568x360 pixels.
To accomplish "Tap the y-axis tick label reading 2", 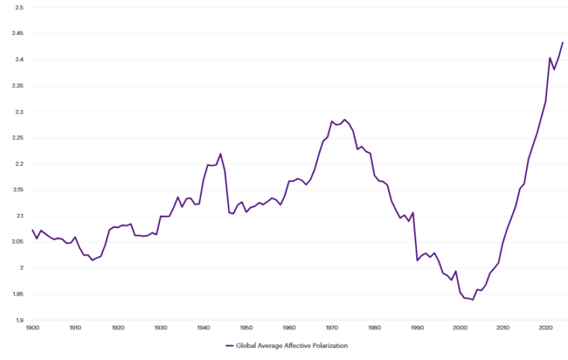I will [x=21, y=268].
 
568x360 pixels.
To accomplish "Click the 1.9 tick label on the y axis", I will [x=19, y=320].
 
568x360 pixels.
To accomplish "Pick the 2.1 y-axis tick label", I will [x=19, y=216].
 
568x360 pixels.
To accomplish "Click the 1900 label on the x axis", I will [x=32, y=327].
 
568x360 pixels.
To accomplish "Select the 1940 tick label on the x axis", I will [x=203, y=327].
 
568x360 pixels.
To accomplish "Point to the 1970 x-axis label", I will [x=331, y=327].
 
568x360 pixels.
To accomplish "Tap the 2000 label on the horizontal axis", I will [x=460, y=327].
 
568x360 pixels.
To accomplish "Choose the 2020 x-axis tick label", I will [x=546, y=327].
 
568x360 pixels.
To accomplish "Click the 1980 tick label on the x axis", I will [x=374, y=327].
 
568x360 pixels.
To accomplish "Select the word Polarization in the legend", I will [x=326, y=346].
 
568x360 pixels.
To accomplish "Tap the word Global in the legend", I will [x=247, y=346].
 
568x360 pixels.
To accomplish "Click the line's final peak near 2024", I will [x=563, y=43].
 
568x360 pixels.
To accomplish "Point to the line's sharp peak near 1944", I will [x=220, y=154].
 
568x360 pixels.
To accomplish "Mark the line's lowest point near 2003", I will [x=473, y=300].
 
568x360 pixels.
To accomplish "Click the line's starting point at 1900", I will [x=32, y=230].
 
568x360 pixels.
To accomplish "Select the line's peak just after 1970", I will [x=345, y=120].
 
